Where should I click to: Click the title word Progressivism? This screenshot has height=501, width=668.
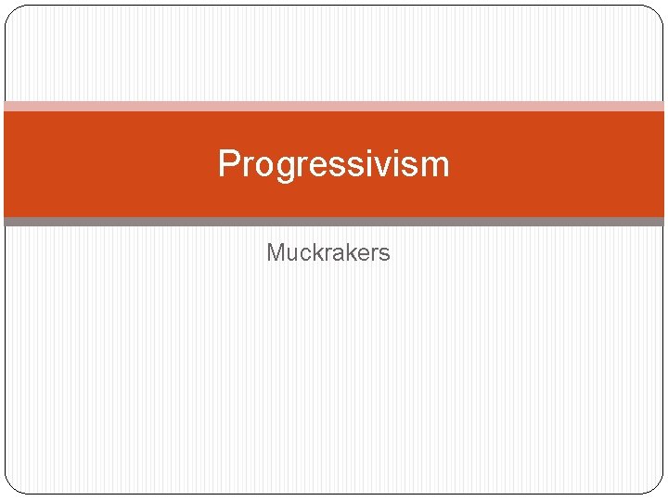pos(333,164)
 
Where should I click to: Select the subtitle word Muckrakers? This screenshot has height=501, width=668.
pos(328,252)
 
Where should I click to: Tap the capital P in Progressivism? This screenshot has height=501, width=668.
pos(228,164)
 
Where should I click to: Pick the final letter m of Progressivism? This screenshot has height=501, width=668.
pos(434,166)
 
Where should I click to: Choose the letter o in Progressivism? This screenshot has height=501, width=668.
pos(259,166)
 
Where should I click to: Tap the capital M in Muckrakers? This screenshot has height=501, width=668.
pos(276,252)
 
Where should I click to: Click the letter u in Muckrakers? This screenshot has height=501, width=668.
pos(290,253)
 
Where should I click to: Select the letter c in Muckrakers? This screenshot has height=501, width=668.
pos(303,253)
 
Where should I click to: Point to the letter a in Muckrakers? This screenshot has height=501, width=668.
pos(336,253)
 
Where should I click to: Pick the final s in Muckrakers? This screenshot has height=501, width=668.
pos(384,253)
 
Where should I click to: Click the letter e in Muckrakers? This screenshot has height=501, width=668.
pos(361,253)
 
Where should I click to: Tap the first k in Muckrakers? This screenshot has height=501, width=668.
pos(315,252)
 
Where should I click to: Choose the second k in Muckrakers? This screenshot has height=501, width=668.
pos(348,252)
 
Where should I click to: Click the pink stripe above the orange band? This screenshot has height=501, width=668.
pos(334,107)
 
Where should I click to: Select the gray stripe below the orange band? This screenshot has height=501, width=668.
pos(334,222)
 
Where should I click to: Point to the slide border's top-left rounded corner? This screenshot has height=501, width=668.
pos(11,12)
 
